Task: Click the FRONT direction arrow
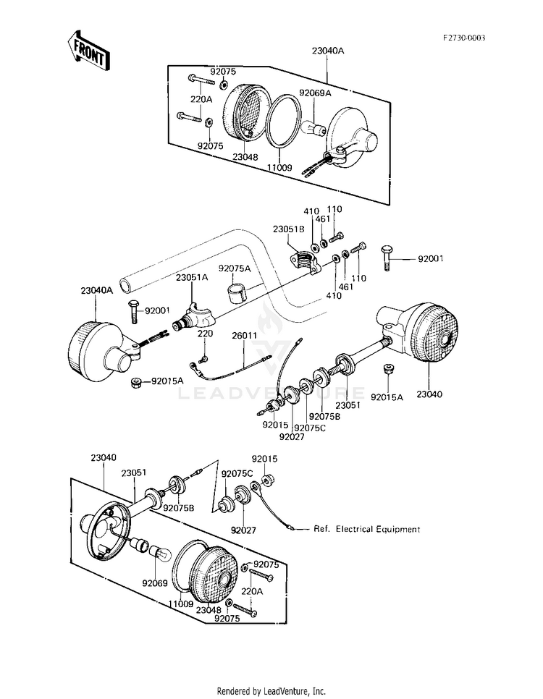pyautogui.click(x=88, y=51)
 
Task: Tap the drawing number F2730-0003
pyautogui.click(x=463, y=38)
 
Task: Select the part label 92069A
pyautogui.click(x=315, y=93)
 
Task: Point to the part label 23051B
pyautogui.click(x=289, y=229)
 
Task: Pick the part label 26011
pyautogui.click(x=244, y=335)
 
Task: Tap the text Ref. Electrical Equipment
pyautogui.click(x=367, y=529)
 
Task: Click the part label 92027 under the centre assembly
pyautogui.click(x=292, y=437)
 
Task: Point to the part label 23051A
pyautogui.click(x=192, y=277)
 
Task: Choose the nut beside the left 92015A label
pyautogui.click(x=137, y=382)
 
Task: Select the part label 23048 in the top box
pyautogui.click(x=245, y=157)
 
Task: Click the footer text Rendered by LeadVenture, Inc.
pyautogui.click(x=271, y=692)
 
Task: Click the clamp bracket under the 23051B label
pyautogui.click(x=306, y=263)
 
